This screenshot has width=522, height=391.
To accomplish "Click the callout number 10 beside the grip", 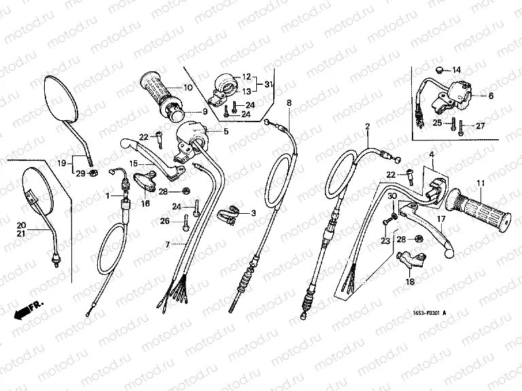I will (x=188, y=88).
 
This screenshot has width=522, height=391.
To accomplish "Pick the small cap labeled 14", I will (x=440, y=69).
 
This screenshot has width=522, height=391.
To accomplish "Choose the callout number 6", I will (x=491, y=96).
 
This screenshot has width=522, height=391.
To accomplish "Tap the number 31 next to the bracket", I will (x=268, y=84).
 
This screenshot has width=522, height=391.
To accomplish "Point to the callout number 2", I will (x=367, y=127).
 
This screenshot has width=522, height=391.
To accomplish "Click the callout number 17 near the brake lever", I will (x=441, y=219).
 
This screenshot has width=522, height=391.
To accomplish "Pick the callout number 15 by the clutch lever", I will (x=133, y=164).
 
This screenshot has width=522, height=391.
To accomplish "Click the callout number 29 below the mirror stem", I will (x=81, y=174).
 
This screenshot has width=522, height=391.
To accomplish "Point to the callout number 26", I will (x=164, y=220).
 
